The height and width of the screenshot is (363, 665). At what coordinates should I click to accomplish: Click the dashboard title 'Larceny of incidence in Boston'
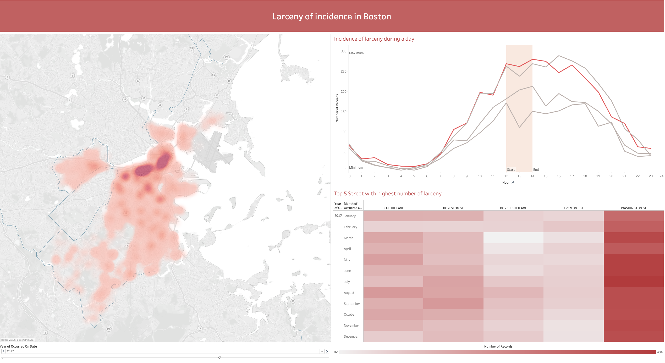332,16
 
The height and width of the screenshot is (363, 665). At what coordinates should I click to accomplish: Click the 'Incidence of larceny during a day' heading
374,39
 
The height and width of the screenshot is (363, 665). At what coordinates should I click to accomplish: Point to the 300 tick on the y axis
343,51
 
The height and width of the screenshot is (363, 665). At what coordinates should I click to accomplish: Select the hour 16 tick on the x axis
558,176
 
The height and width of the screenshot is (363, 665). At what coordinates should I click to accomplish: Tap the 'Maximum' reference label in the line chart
356,53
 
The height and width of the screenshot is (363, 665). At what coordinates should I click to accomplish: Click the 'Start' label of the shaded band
510,170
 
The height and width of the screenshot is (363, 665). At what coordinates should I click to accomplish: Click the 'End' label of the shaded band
536,170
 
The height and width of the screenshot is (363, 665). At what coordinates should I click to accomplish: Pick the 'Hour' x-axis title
506,183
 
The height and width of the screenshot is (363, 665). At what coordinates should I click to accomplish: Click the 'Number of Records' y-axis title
337,108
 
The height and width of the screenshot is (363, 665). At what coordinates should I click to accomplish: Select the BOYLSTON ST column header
453,208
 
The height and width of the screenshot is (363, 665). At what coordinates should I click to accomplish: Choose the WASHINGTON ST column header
633,208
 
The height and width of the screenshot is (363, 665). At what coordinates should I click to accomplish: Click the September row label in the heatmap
352,304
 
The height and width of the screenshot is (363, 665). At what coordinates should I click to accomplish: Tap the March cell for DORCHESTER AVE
513,238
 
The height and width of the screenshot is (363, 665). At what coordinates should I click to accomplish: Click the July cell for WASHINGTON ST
634,282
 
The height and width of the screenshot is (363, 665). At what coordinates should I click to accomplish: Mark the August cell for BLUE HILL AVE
393,293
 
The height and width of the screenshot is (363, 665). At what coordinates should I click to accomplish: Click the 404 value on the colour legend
659,352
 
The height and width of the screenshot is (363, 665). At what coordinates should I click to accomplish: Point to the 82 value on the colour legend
336,352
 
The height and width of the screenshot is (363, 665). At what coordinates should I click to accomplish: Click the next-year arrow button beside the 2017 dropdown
327,351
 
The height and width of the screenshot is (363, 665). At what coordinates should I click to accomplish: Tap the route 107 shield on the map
227,57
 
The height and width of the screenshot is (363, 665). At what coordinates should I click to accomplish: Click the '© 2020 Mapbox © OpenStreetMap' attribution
18,340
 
